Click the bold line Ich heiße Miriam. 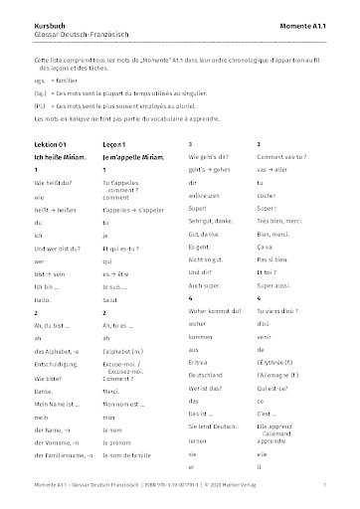[x=62, y=158]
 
